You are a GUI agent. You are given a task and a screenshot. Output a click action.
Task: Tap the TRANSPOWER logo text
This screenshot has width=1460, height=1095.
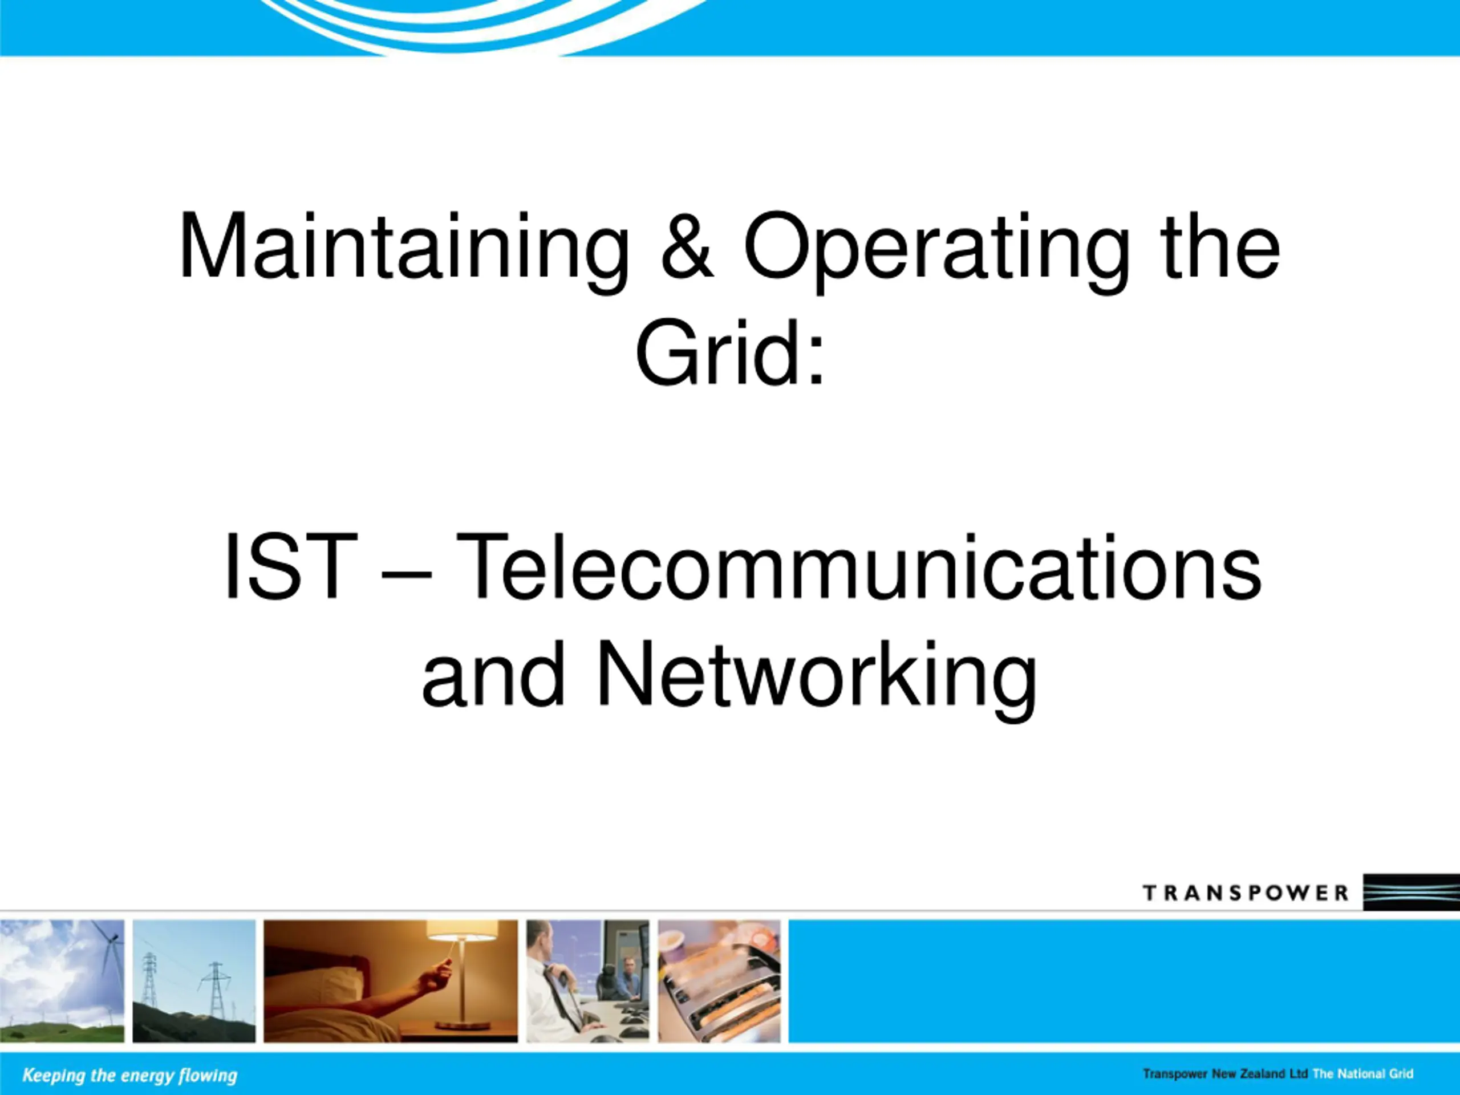tap(1246, 893)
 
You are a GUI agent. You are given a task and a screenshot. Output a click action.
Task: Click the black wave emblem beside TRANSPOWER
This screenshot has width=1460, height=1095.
tap(1411, 893)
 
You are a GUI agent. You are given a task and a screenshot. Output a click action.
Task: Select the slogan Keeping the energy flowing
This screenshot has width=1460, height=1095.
tap(129, 1075)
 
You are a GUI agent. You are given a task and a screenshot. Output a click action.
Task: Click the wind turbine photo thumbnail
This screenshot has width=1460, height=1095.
tap(62, 981)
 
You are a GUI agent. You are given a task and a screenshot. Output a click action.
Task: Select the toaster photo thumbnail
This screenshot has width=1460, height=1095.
tap(719, 981)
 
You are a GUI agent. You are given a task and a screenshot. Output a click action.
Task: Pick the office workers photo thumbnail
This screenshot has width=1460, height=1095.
tap(587, 981)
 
